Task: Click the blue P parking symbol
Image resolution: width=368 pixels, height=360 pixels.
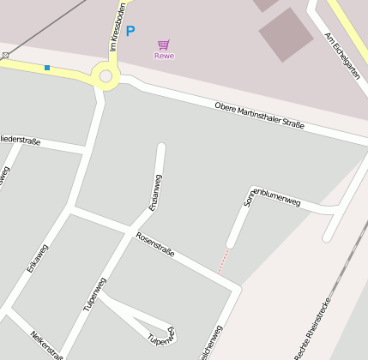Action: click(130, 32)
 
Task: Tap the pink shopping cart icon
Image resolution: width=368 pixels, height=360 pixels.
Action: click(163, 44)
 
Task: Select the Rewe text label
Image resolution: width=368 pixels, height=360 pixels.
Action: click(164, 56)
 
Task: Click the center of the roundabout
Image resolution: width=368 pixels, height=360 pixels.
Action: click(106, 76)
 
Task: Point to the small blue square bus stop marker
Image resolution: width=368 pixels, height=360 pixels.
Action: click(47, 67)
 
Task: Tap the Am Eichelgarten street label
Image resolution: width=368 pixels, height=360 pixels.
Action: click(341, 57)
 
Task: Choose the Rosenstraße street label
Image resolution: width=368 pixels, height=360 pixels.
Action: click(154, 244)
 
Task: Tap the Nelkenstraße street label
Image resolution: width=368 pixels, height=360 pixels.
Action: click(47, 345)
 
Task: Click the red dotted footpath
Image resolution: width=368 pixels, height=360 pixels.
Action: click(223, 261)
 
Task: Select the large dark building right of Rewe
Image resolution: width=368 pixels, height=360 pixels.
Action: click(287, 34)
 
